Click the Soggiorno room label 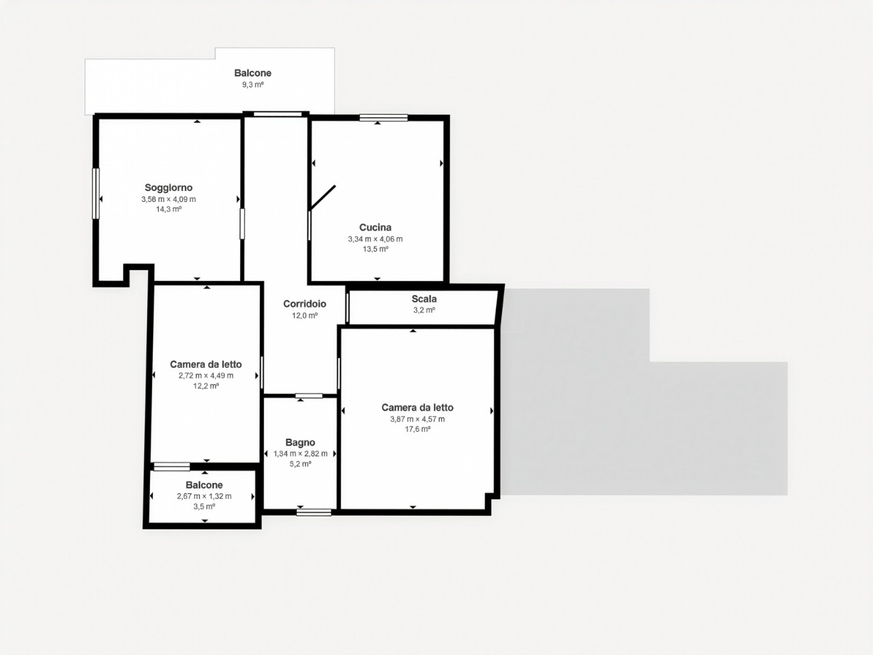[168, 188]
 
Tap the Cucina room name [375, 227]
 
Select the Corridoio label [305, 304]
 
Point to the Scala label [424, 299]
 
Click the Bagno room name [300, 443]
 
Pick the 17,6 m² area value [417, 429]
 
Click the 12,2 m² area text [206, 385]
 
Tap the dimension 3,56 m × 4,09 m [168, 199]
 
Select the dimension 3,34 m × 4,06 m [375, 239]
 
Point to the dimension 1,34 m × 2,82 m [300, 454]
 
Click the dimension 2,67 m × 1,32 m [204, 496]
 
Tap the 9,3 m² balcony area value [253, 85]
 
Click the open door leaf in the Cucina [323, 197]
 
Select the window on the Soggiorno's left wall [96, 194]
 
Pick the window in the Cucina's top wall [384, 118]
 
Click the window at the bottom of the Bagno [314, 512]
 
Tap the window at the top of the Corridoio [278, 114]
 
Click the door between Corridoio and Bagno [309, 396]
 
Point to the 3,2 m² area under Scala [424, 310]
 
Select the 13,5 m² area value [375, 249]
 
